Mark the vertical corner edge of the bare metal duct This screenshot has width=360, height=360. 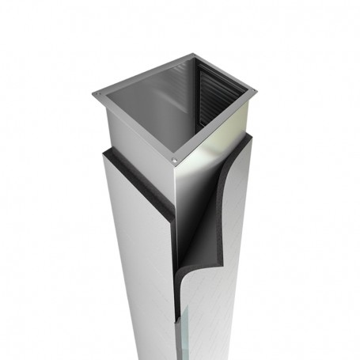(176, 198)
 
